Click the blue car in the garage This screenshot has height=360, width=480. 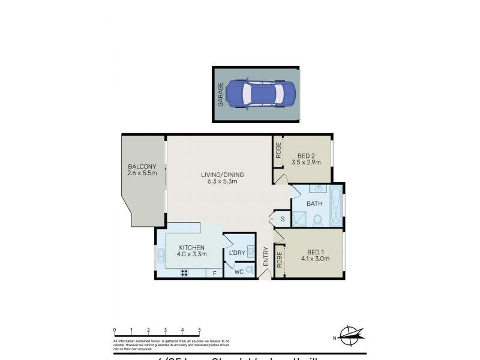262,95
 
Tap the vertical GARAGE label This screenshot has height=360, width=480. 220,95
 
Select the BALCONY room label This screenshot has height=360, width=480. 142,170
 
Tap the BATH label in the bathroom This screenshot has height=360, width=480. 314,203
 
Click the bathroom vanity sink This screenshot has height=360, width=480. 318,189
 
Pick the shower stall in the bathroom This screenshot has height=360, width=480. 301,220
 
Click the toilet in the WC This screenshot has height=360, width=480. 250,272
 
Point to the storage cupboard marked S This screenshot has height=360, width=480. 282,220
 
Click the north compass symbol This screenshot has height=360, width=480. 350,334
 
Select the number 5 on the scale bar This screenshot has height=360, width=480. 199,330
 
